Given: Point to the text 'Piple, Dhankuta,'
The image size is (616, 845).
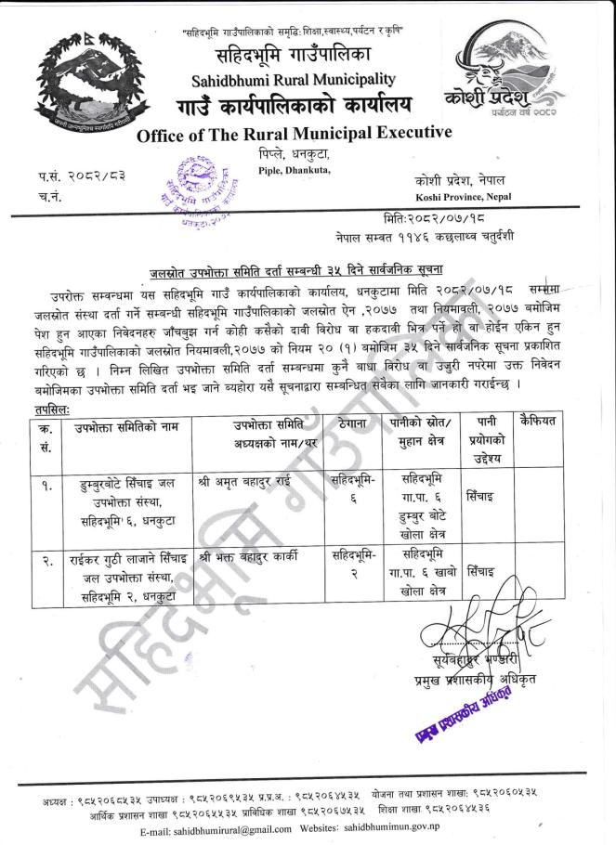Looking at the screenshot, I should (x=295, y=169).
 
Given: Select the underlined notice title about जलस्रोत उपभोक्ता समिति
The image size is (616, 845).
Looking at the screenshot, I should (x=326, y=272).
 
